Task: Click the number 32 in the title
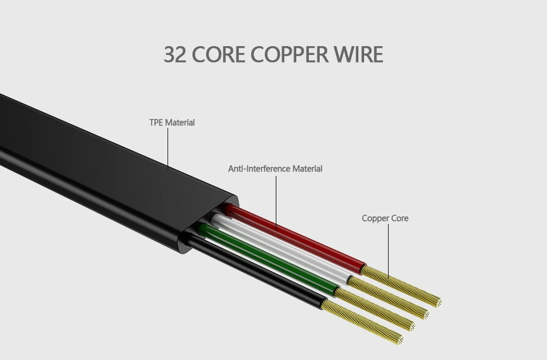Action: click(x=175, y=55)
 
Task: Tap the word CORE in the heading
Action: click(x=218, y=55)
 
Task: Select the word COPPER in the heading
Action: click(x=289, y=55)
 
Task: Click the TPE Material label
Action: click(x=172, y=122)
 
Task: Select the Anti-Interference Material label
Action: click(x=275, y=169)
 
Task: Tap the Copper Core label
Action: click(x=385, y=218)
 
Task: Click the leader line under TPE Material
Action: click(x=168, y=148)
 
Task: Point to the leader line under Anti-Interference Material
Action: click(x=276, y=203)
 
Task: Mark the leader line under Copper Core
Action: click(x=388, y=251)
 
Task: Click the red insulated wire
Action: click(x=295, y=238)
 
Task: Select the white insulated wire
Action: click(x=281, y=249)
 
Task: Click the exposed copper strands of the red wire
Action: click(x=401, y=287)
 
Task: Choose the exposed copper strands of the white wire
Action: click(x=388, y=297)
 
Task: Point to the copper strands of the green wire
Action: click(x=375, y=309)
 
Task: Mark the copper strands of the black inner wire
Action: click(x=362, y=322)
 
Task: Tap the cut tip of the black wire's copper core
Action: click(x=399, y=339)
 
